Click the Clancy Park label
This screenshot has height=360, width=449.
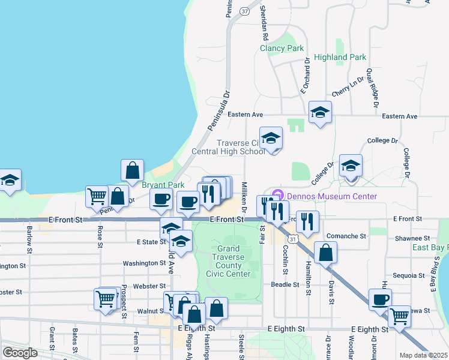tap(282, 48)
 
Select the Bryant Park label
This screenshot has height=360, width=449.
tap(163, 185)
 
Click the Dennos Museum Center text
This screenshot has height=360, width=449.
tap(331, 196)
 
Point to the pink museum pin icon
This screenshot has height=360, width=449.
tap(277, 195)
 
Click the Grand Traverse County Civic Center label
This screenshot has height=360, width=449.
tap(228, 261)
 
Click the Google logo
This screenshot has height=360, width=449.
tap(20, 352)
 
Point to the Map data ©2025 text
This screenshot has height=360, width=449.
tap(423, 355)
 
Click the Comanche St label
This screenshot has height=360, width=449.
tap(346, 236)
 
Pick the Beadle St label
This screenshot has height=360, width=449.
tap(285, 284)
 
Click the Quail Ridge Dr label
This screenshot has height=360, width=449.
tap(372, 87)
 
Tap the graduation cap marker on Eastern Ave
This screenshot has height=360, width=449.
tap(320, 112)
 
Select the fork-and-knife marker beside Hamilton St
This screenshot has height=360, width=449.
tap(307, 221)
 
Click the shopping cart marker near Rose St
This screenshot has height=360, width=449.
tap(97, 196)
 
